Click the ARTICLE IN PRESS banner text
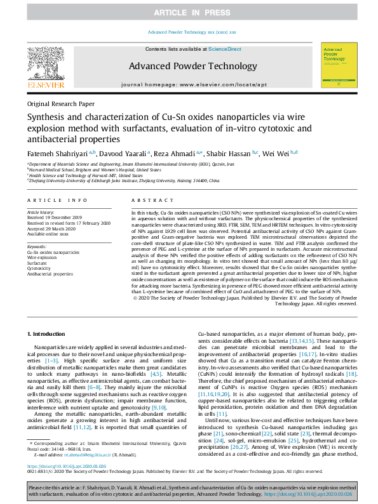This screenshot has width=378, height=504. tap(189, 13)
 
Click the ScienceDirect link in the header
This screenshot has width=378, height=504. tap(225, 49)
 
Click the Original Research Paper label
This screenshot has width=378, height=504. tap(61, 103)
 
